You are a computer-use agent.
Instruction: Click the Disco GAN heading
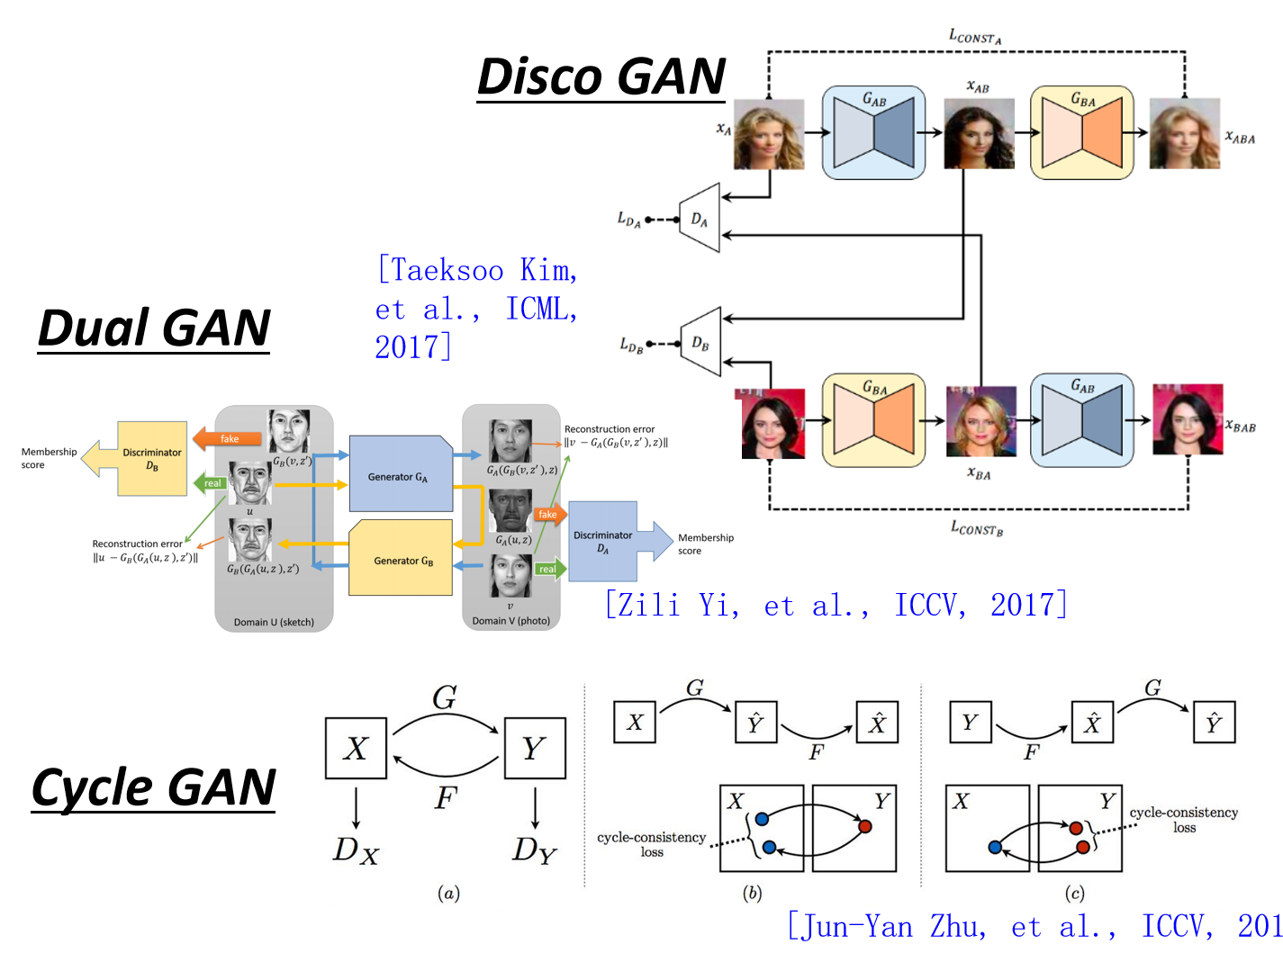(x=601, y=77)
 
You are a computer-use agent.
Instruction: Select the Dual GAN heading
(x=154, y=328)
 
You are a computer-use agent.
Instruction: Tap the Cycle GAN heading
(x=154, y=788)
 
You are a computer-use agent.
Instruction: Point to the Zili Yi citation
(x=836, y=605)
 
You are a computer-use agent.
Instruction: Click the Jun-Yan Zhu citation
(x=1034, y=926)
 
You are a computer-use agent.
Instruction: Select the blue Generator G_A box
(x=400, y=474)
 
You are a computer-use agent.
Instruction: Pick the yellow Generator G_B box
(x=402, y=559)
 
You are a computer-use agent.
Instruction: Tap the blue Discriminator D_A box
(x=603, y=541)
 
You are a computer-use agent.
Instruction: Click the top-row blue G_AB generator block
(x=873, y=133)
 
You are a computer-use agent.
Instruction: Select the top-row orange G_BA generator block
(x=1081, y=133)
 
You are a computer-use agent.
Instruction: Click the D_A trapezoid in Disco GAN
(x=700, y=219)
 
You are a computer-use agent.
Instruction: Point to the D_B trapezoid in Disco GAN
(x=701, y=343)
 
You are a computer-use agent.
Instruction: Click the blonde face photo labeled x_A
(x=768, y=134)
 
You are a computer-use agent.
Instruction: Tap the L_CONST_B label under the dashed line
(x=977, y=528)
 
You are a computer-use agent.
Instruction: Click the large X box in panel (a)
(x=356, y=748)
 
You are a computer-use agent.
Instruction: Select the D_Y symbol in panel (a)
(x=535, y=850)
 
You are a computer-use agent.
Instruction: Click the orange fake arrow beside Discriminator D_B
(x=228, y=438)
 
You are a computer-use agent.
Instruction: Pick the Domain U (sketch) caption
(x=274, y=622)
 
